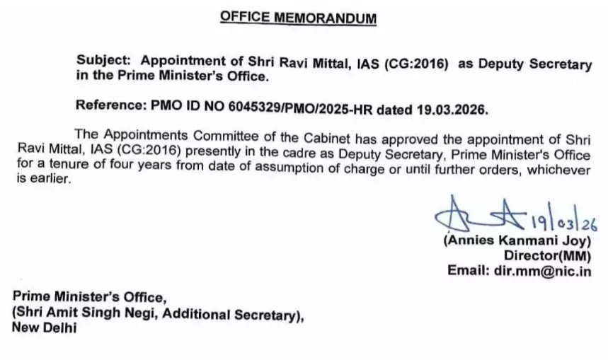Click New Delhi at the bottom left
[x=44, y=327]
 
